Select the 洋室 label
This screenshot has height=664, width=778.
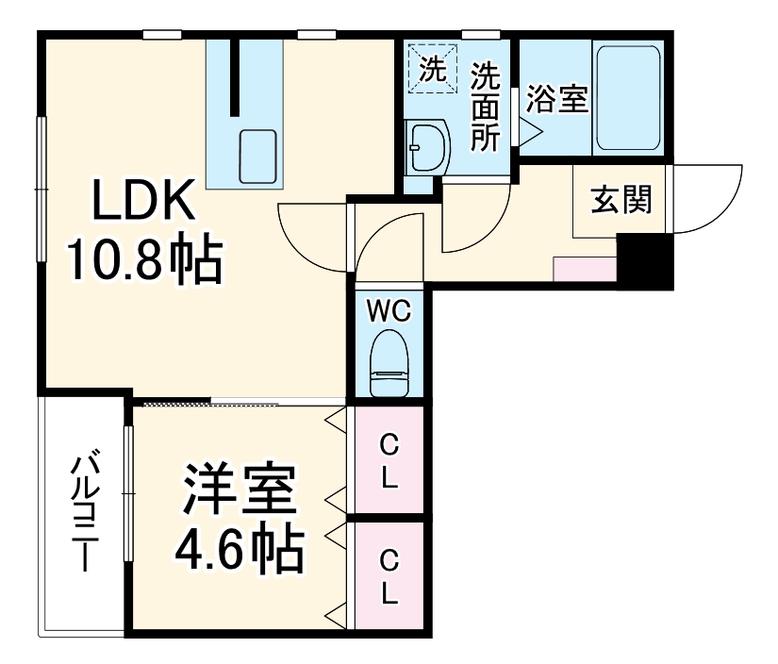(x=240, y=490)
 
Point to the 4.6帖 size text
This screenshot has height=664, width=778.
(x=240, y=548)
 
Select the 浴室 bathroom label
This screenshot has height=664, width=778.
(x=556, y=99)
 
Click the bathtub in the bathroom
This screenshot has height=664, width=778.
(x=627, y=96)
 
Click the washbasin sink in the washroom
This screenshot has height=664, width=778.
(x=426, y=146)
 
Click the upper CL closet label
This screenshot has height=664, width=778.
(x=388, y=460)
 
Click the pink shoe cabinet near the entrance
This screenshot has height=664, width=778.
(x=585, y=269)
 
